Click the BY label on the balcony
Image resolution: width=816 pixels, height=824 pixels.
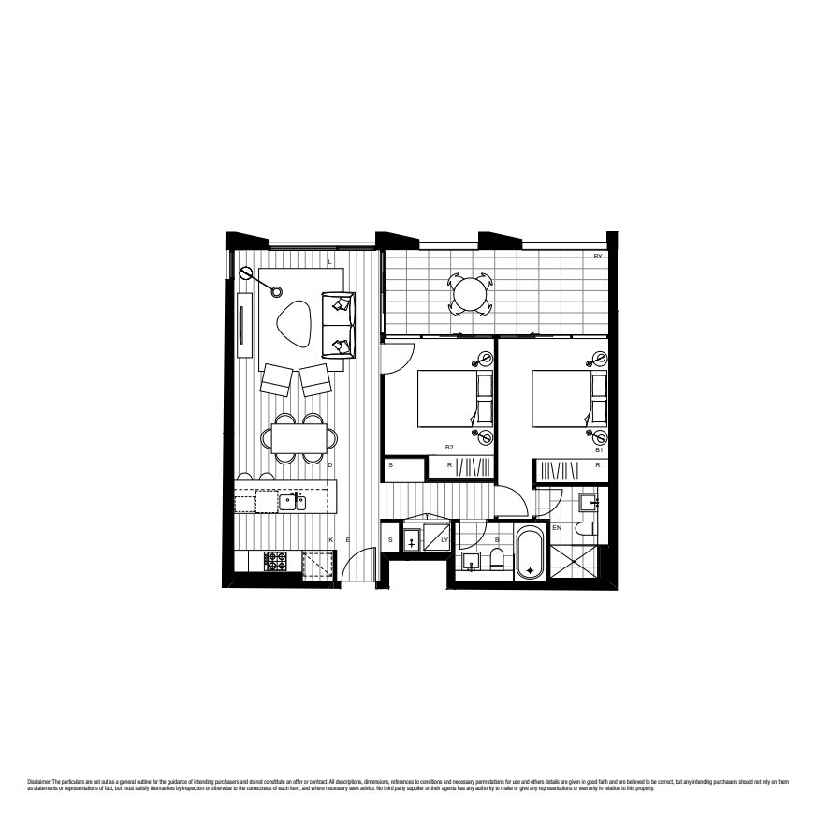[x=597, y=256]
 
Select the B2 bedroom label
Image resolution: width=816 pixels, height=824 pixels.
[x=449, y=448]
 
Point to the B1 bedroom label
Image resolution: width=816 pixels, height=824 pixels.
[x=598, y=450]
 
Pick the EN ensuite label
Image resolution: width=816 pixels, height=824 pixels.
[x=557, y=529]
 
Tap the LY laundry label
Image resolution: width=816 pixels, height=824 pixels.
[x=444, y=540]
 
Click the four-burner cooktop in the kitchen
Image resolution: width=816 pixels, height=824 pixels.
[x=276, y=560]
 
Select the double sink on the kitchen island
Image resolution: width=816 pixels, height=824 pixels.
[x=291, y=503]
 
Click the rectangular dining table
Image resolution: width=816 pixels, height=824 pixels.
[x=300, y=437]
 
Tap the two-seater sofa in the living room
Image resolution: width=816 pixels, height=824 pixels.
[x=338, y=324]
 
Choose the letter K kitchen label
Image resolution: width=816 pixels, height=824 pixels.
[x=332, y=540]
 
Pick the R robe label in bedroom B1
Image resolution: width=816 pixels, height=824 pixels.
[x=596, y=464]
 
